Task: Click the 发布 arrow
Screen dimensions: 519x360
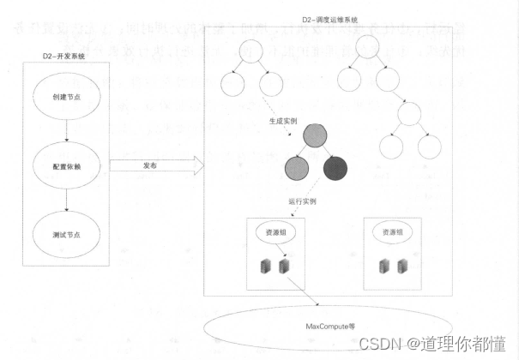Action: pyautogui.click(x=154, y=164)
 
